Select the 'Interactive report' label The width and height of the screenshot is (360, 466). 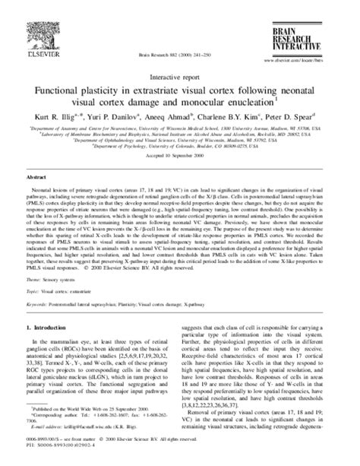point(180,76)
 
